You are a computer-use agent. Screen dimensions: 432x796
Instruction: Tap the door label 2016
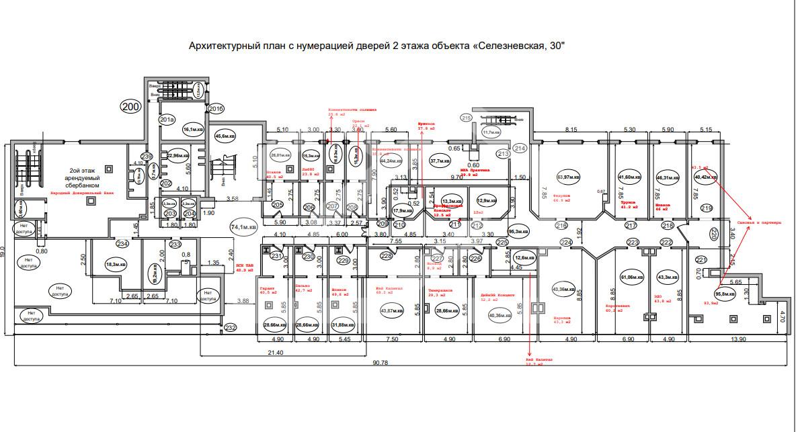[216, 108]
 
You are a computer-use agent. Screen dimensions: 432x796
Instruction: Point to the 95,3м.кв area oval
[518, 228]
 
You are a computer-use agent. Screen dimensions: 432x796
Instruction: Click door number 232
[231, 327]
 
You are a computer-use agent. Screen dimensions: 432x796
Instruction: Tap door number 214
[520, 148]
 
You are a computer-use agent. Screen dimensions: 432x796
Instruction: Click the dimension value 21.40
[276, 351]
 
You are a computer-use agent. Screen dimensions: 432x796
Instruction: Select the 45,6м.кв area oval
[225, 136]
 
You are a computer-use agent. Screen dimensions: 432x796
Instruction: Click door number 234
[122, 244]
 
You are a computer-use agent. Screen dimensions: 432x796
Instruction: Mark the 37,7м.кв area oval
[440, 161]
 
